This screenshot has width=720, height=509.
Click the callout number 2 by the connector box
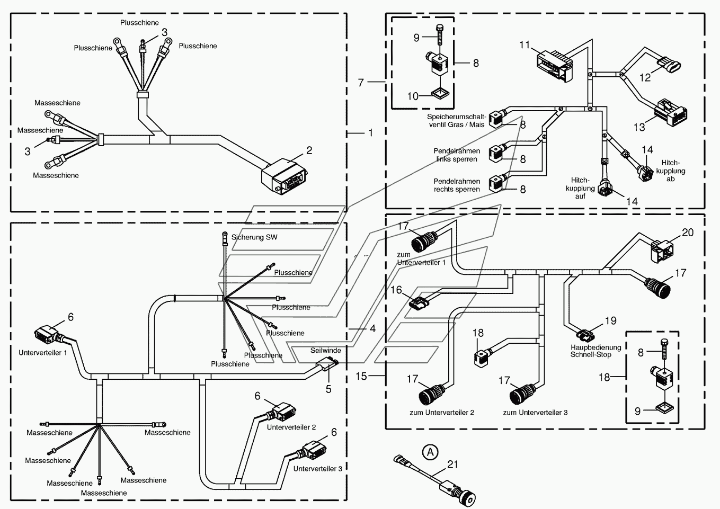coord(309,150)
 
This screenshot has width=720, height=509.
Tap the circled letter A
coord(430,452)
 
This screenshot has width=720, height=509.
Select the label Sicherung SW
coord(254,237)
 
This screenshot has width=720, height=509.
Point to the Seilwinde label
coord(326,350)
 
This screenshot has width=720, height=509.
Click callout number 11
coord(525,44)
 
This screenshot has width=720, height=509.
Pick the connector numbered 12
coord(670,64)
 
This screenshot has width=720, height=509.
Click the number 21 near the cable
coord(452,465)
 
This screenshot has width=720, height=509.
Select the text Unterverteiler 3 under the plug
coord(317,469)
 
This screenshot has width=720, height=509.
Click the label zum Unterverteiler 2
coord(442,412)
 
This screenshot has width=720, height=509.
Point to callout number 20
coord(688,233)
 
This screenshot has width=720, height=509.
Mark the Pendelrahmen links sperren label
coord(457,155)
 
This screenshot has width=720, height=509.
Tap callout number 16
coord(396,290)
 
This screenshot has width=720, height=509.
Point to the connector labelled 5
coord(326,365)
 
